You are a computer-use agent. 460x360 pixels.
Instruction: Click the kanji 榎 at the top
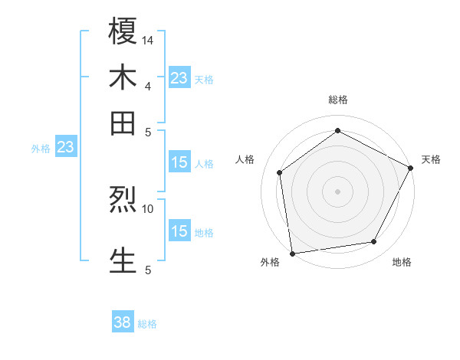click(x=123, y=32)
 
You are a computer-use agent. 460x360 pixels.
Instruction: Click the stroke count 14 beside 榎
click(x=149, y=40)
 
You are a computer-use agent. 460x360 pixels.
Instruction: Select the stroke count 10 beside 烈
click(x=149, y=208)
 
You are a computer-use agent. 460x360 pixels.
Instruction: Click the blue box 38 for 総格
click(x=123, y=322)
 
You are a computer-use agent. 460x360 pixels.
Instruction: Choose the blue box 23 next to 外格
click(x=65, y=146)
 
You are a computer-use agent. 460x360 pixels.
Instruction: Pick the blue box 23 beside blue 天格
click(x=179, y=77)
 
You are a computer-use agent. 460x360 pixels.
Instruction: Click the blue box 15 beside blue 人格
click(x=179, y=162)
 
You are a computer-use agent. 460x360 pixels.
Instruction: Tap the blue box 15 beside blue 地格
click(x=179, y=231)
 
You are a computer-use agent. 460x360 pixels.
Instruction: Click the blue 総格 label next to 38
click(x=147, y=324)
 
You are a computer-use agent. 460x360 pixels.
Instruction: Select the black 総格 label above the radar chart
click(x=337, y=100)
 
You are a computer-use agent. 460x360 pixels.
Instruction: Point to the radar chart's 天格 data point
click(x=411, y=168)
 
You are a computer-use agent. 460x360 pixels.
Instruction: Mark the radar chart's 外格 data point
click(x=291, y=253)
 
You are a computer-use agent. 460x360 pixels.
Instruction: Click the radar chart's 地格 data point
click(x=374, y=242)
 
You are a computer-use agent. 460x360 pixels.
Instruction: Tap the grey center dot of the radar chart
click(x=337, y=191)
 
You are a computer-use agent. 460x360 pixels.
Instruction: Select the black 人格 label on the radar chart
click(x=246, y=159)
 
